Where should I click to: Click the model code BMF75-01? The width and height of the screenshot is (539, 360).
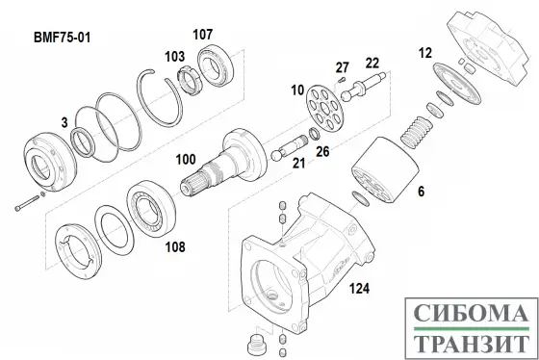tap(63, 38)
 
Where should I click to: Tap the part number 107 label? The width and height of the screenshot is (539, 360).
tap(202, 35)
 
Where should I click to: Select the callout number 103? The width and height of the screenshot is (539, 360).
tap(174, 57)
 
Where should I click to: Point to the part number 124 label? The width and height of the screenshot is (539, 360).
tap(359, 289)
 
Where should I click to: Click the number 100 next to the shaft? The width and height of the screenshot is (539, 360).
tap(186, 160)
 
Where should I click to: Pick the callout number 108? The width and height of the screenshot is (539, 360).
tap(175, 246)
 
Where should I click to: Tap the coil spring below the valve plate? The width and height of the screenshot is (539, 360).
tap(417, 133)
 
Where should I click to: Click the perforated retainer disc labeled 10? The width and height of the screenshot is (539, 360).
tap(325, 108)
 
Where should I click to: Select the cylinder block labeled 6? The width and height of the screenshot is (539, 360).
tap(385, 169)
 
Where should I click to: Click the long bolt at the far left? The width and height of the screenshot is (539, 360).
tap(27, 203)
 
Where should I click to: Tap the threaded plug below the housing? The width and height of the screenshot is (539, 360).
tap(256, 344)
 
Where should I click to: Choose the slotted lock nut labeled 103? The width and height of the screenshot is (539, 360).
tap(187, 81)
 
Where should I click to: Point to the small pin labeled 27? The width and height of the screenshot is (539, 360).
tap(341, 80)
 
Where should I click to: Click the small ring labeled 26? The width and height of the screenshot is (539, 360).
tap(315, 134)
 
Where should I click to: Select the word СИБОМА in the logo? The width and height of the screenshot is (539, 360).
tap(471, 314)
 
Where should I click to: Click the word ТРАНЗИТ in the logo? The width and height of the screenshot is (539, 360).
tap(471, 344)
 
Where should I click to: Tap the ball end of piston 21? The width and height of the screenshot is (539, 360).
tap(277, 155)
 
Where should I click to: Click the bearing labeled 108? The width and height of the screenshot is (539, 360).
tap(151, 208)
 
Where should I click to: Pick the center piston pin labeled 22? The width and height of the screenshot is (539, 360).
tap(363, 87)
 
